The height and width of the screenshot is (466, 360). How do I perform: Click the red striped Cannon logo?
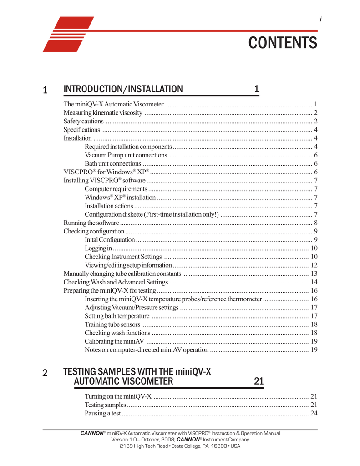point(68,34)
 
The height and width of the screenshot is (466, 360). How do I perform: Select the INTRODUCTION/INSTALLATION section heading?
point(123,89)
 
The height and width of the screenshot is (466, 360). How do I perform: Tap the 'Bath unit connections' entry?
point(113,163)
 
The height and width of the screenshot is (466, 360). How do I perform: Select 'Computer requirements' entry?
point(116,189)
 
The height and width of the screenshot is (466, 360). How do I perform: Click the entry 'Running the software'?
point(91,223)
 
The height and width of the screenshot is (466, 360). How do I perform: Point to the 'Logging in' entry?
point(98,248)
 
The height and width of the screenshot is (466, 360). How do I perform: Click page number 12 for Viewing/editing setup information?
point(314,265)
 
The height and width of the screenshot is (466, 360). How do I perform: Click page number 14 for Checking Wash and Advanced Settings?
point(314,283)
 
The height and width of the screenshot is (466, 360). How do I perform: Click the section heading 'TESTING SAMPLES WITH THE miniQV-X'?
point(137,373)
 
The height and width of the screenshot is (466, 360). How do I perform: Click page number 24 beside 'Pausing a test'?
point(314,414)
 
